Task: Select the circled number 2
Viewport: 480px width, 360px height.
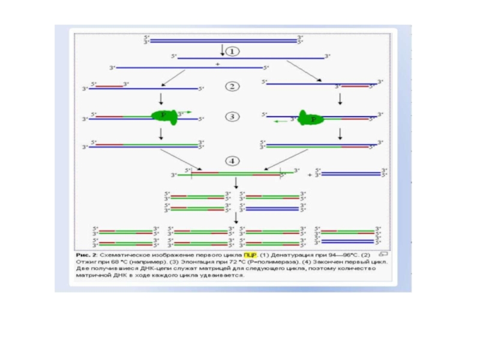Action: (232, 86)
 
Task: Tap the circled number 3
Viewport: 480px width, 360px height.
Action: (232, 116)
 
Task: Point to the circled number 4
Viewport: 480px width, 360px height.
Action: (232, 161)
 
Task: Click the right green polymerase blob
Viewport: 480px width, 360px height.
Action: (311, 119)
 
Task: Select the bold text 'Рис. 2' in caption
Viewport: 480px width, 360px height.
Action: (85, 255)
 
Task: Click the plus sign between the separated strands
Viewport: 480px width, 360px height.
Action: (217, 63)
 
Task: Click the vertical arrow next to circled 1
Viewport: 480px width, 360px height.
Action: (223, 49)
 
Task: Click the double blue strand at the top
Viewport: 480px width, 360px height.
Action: (223, 40)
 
